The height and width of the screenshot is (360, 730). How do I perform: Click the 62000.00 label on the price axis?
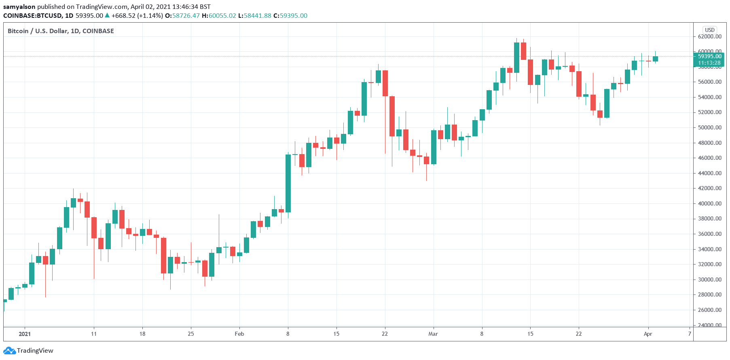709,36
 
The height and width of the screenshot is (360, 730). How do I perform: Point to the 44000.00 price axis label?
709,173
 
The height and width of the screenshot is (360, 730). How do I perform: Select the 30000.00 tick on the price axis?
709,280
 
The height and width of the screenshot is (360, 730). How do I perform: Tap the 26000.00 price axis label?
709,310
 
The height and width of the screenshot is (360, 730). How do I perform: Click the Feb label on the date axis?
239,334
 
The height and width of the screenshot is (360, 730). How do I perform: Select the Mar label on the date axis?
433,334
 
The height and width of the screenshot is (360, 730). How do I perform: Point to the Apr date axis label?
648,334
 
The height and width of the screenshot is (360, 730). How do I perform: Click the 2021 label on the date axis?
25,334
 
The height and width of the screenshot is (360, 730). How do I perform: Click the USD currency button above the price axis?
710,30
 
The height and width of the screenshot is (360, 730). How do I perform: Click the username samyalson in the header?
19,6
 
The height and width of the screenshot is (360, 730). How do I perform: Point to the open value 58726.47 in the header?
186,15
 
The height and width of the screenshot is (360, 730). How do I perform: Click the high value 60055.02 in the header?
222,15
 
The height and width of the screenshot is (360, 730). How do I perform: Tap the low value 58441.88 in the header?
257,15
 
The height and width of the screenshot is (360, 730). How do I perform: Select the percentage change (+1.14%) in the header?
150,15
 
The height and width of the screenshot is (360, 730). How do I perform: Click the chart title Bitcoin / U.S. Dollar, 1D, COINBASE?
61,31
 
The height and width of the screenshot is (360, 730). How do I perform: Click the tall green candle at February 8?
288,183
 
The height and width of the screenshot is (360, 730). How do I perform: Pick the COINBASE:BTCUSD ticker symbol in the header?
32,15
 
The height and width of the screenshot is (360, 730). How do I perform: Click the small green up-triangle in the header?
107,15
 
